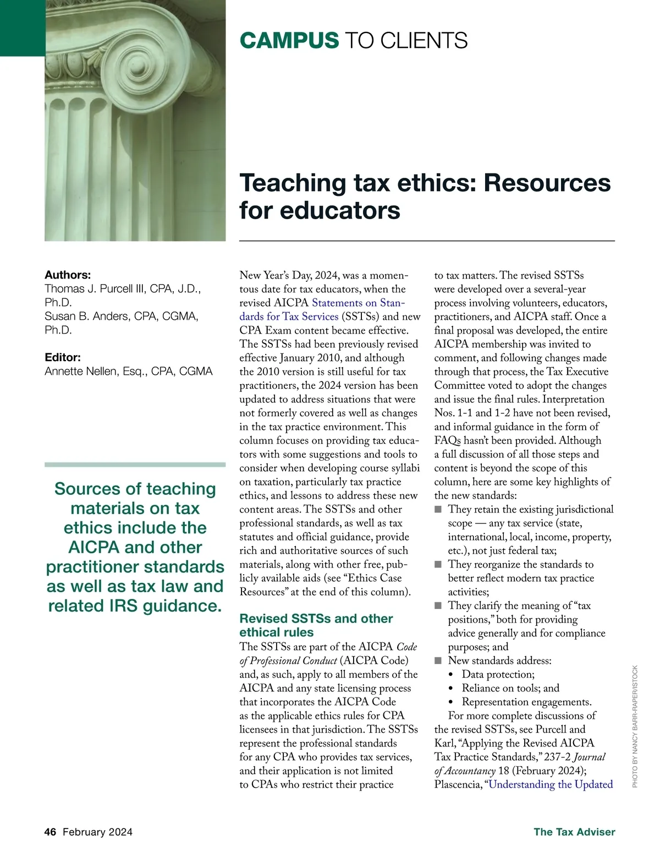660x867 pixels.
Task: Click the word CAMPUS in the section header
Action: click(x=289, y=41)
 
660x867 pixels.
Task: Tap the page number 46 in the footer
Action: click(x=50, y=832)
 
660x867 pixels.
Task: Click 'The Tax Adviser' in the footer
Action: click(x=574, y=832)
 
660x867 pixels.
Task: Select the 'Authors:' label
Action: click(x=68, y=275)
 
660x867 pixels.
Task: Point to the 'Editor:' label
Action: click(x=63, y=357)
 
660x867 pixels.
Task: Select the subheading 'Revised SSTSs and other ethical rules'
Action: click(x=316, y=625)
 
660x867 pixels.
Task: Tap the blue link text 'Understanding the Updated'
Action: click(x=551, y=784)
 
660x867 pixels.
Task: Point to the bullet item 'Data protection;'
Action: click(x=498, y=674)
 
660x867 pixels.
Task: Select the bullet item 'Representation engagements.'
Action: click(x=526, y=702)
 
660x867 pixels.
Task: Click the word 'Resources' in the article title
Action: click(x=547, y=183)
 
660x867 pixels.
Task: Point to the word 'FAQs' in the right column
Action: click(x=447, y=440)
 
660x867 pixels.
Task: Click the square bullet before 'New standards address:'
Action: click(x=438, y=661)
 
